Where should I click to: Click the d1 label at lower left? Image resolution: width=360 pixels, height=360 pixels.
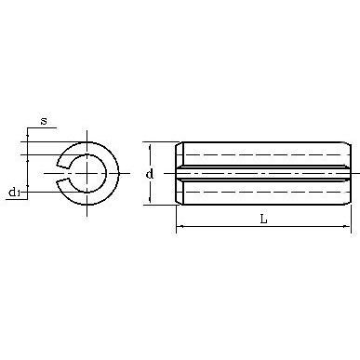pyautogui.click(x=14, y=193)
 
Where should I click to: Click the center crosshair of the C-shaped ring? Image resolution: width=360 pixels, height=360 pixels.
pyautogui.click(x=88, y=172)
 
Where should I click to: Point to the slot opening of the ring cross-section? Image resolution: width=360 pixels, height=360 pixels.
pyautogui.click(x=62, y=172)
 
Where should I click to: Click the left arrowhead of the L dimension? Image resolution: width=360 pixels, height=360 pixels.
pyautogui.click(x=180, y=226)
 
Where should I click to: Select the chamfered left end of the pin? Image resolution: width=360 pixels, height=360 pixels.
pyautogui.click(x=180, y=173)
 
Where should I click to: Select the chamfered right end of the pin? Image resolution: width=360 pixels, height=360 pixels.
pyautogui.click(x=347, y=173)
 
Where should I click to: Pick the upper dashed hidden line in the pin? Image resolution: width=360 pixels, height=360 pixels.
pyautogui.click(x=265, y=154)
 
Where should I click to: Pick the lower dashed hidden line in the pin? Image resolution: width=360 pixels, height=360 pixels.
pyautogui.click(x=265, y=192)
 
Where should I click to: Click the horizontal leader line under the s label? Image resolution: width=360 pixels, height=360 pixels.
pyautogui.click(x=43, y=129)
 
